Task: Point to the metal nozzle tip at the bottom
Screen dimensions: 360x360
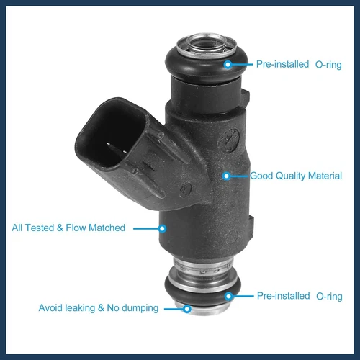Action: pos(201,307)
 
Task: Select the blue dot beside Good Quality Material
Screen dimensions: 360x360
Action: pos(226,176)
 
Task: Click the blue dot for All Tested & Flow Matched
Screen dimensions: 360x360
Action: pos(163,228)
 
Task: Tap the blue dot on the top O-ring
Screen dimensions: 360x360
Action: pos(228,64)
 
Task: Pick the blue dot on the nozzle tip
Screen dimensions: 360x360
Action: pos(186,308)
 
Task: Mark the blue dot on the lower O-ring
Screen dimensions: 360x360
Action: pos(228,296)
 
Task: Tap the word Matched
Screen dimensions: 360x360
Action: pos(107,228)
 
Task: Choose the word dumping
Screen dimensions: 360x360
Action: pos(140,308)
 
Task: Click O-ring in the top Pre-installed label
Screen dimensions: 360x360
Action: pos(328,64)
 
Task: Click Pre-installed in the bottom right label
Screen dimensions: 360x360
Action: pos(283,296)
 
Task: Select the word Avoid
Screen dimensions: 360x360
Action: pos(52,308)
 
